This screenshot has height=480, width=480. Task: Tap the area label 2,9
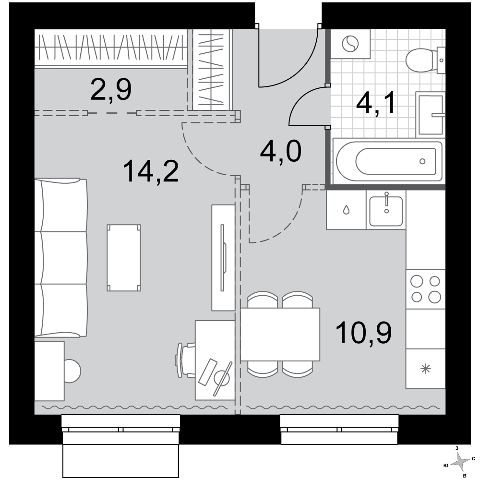click(x=111, y=89)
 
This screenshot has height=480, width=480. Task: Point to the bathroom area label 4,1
click(x=376, y=103)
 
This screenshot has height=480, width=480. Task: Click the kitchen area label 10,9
click(x=364, y=333)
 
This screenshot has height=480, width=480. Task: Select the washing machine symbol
click(x=350, y=44)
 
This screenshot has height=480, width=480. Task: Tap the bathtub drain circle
click(x=422, y=161)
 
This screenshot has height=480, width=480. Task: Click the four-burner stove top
click(x=425, y=289)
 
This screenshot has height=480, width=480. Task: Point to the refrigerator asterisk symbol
click(x=426, y=369)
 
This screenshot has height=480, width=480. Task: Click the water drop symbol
click(x=346, y=210)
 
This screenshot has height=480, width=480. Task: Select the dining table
click(x=280, y=334)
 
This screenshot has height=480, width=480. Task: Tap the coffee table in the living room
click(x=124, y=258)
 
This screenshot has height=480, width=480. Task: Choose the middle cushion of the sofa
click(x=61, y=258)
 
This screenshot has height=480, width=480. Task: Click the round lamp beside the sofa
click(x=72, y=371)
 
